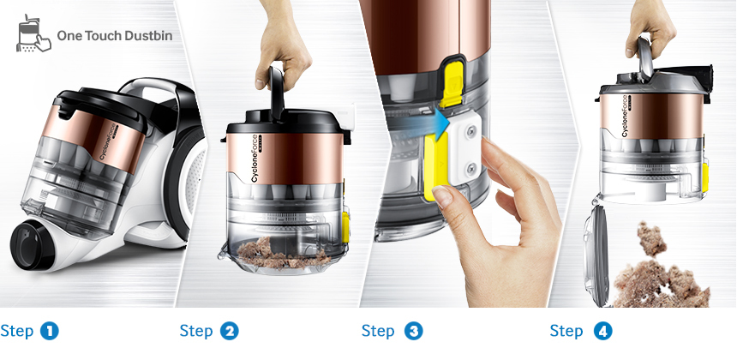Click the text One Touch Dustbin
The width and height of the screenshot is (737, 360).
pos(111,37)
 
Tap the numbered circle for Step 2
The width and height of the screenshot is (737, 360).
pos(229,331)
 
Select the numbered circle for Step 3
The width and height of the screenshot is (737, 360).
pos(411,331)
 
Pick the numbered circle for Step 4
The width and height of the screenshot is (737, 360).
pos(599,331)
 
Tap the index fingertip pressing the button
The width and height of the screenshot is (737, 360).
pos(443,197)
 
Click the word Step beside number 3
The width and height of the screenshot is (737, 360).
pos(378,331)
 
